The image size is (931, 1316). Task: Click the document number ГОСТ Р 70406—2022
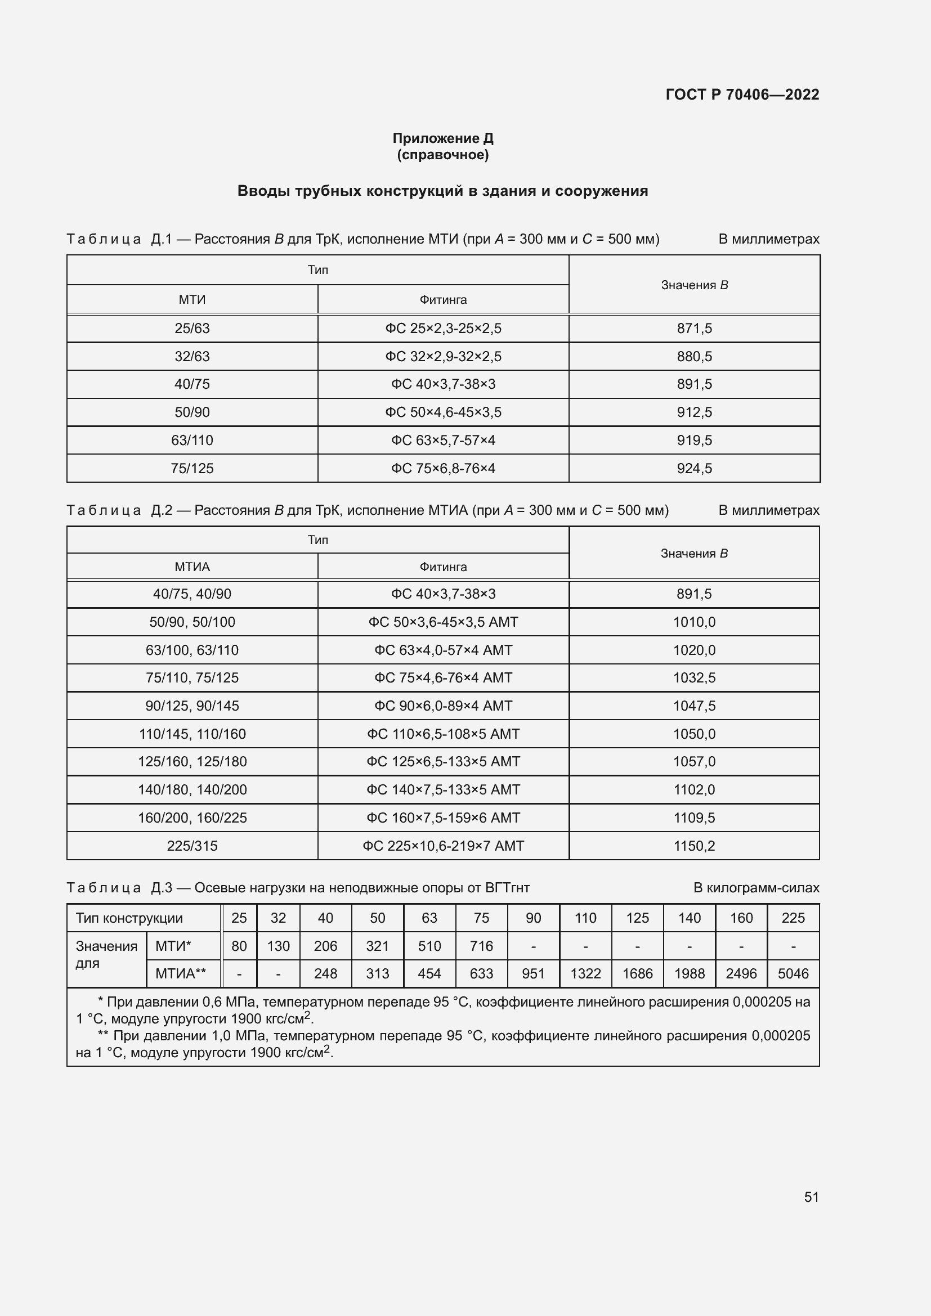click(742, 95)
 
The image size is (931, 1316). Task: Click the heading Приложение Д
click(442, 138)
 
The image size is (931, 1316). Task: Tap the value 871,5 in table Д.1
click(693, 329)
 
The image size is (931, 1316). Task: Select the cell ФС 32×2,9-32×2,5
click(442, 357)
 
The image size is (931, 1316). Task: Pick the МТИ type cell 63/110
click(192, 440)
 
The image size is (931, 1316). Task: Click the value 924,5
click(693, 468)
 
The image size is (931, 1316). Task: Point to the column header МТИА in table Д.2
click(192, 567)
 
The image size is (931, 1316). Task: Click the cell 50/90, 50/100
click(192, 622)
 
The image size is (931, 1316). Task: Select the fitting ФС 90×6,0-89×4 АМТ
click(442, 706)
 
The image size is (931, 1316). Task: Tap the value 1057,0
click(693, 761)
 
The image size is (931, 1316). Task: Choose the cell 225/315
click(192, 846)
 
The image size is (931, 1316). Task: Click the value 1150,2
click(693, 846)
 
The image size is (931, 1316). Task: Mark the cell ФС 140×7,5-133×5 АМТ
click(442, 789)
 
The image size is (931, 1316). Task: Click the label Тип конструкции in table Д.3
click(129, 918)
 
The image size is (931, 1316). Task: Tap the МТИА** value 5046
click(793, 973)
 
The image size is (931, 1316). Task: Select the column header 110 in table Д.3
click(585, 918)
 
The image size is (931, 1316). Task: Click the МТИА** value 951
click(532, 973)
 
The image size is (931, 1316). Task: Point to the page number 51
click(811, 1196)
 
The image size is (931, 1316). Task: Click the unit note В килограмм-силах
click(755, 887)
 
